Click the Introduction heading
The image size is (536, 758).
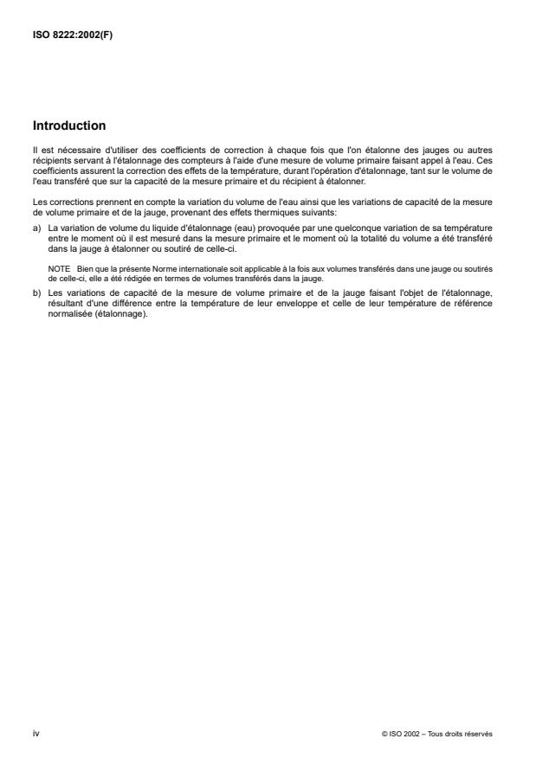pyautogui.click(x=69, y=125)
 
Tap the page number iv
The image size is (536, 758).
pyautogui.click(x=36, y=733)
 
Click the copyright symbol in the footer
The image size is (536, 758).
pyautogui.click(x=383, y=733)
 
